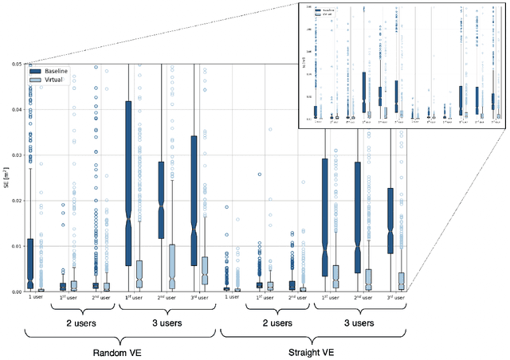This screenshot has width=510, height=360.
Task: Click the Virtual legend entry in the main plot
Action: point(52,80)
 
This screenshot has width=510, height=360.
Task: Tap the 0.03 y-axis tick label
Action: point(15,155)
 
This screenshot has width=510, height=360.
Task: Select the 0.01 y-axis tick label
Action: point(15,246)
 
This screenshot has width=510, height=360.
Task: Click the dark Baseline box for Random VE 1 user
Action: point(30,263)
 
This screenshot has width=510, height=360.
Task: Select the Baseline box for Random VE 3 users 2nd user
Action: point(161,199)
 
